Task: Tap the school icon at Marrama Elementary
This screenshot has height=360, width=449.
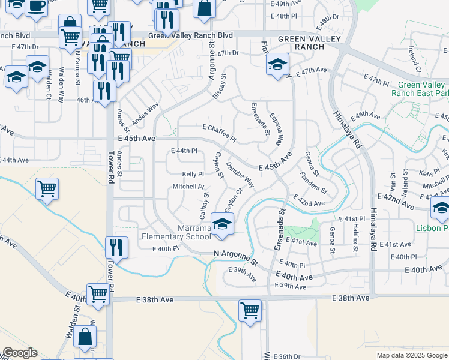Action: (222, 225)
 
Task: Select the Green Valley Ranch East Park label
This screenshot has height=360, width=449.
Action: (420, 89)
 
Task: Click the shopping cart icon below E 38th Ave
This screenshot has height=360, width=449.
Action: (250, 311)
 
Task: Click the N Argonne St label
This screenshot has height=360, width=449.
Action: (236, 259)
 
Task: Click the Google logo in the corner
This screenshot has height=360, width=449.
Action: (20, 353)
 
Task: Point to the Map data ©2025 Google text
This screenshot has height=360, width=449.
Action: (412, 355)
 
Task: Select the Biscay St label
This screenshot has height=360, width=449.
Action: (219, 86)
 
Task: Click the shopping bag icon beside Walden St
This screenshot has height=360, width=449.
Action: (86, 338)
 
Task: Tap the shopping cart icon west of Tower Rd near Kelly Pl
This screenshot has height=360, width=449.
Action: (47, 189)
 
